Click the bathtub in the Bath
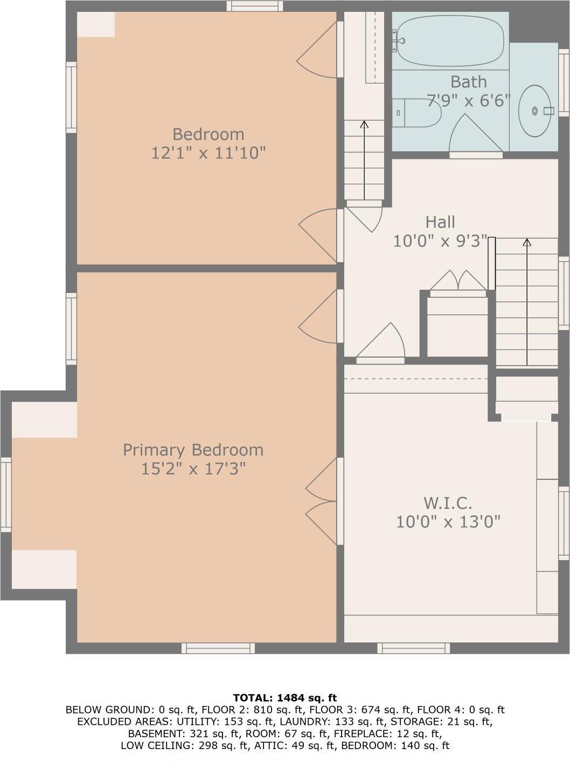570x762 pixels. pos(450,40)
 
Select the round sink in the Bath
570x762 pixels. pos(534,110)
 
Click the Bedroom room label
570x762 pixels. pos(208,134)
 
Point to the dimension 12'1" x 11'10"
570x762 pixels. pos(208,153)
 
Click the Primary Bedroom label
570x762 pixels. pos(193,450)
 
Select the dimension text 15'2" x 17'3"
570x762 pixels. pos(193,469)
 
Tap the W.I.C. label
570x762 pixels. pos(448,503)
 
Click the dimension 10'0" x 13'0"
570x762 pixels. pos(448,521)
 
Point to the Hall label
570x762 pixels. pos(440,222)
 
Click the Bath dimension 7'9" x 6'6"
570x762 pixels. pos(468,100)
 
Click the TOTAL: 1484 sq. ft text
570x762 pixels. pos(284,698)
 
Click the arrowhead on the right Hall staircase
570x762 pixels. pos(526,242)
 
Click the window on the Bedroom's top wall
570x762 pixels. pos(254,6)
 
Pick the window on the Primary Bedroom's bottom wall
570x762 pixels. pos(218,648)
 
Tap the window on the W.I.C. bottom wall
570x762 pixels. pos(413,648)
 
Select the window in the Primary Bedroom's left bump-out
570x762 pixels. pos(6,494)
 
